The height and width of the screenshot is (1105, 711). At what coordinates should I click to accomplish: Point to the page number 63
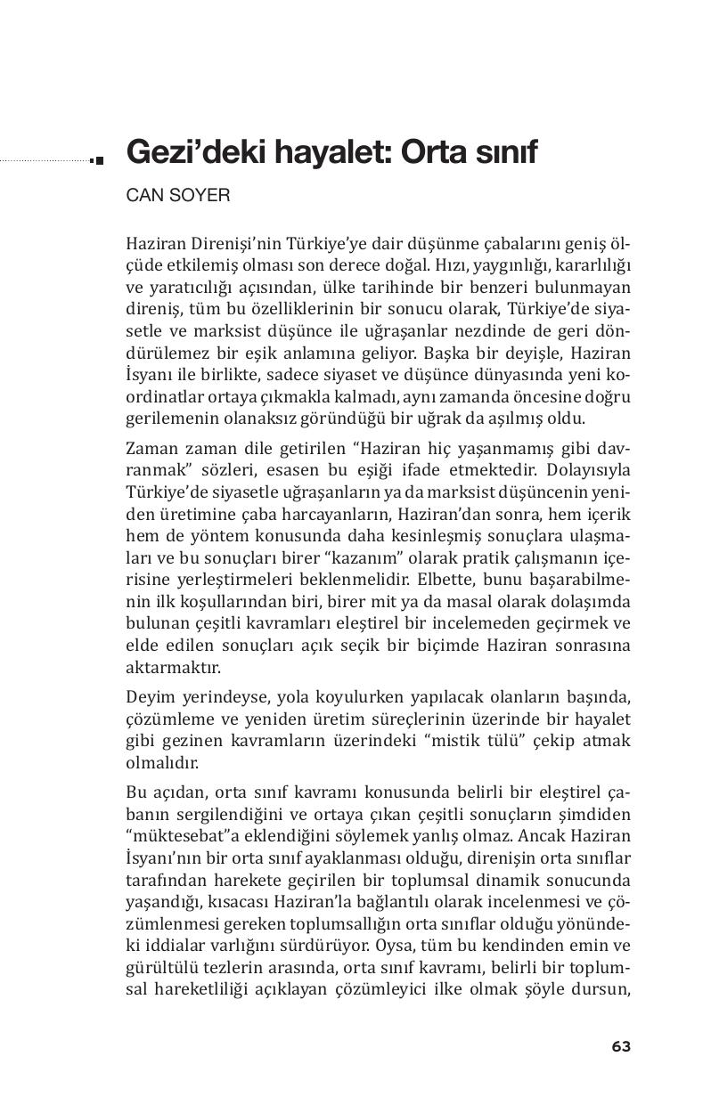coord(621,1046)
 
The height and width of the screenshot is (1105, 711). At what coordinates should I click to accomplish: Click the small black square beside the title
coord(98,160)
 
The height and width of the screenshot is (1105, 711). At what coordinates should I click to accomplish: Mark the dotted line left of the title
coord(45,161)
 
